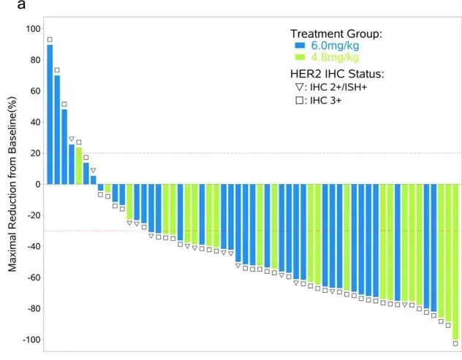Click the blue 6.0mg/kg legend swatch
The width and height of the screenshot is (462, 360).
(299, 46)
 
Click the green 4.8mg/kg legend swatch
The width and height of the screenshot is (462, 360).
(299, 58)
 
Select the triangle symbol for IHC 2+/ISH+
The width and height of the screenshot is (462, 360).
(298, 88)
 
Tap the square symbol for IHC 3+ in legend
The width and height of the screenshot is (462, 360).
(298, 100)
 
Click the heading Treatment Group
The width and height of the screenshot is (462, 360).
(336, 34)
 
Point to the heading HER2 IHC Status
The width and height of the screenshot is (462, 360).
(337, 74)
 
